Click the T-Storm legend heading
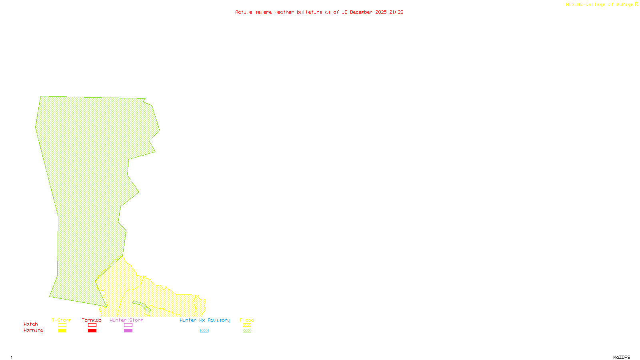[62, 320]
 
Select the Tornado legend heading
[92, 320]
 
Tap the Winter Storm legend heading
[126, 320]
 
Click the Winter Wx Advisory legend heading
[205, 320]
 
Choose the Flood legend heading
[247, 320]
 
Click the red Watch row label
[31, 324]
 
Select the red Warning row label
[34, 330]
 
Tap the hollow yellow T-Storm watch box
[62, 325]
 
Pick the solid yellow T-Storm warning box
[62, 331]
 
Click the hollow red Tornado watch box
[92, 325]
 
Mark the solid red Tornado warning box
[92, 331]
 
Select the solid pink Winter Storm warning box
[128, 331]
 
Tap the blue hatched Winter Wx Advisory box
[204, 331]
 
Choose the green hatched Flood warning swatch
[247, 331]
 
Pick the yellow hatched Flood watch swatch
[247, 325]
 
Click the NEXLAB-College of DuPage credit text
[600, 5]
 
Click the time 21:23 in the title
[396, 12]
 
